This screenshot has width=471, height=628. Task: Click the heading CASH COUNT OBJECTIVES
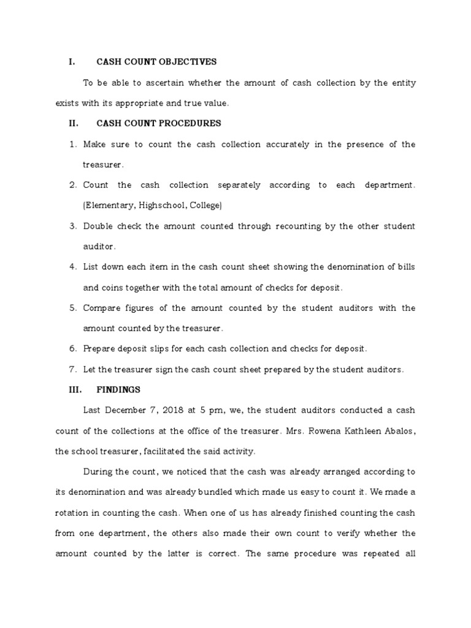coord(156,62)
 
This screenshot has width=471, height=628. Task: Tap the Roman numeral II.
coord(74,123)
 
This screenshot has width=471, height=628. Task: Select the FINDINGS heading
coord(118,389)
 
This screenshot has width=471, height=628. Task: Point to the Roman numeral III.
coord(74,389)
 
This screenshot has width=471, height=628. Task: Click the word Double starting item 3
coord(98,226)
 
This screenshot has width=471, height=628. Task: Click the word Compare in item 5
coord(102,308)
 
